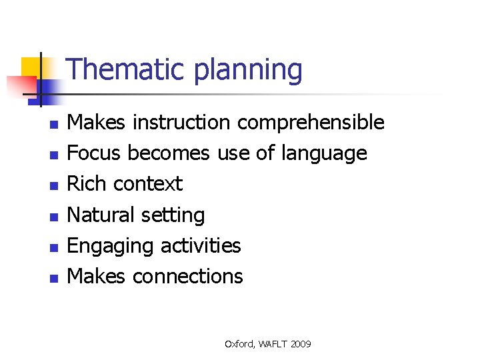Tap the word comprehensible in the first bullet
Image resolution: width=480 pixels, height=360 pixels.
pos(311,123)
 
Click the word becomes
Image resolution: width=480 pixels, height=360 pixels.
pos(169,153)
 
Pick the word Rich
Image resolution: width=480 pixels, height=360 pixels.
pos(87,184)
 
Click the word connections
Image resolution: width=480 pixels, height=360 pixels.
pos(188,276)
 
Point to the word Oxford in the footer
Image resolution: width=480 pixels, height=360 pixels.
pos(238,344)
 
